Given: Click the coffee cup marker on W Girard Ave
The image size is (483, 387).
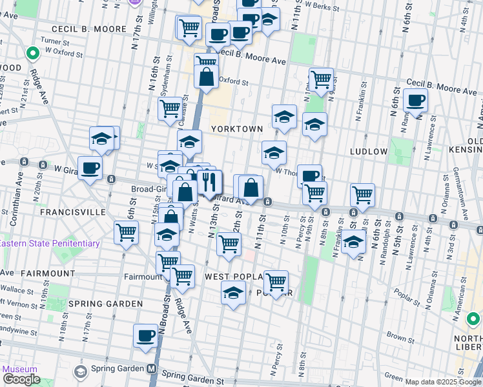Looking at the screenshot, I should pyautogui.click(x=90, y=167).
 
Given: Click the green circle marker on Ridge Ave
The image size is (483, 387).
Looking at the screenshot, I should pyautogui.click(x=32, y=54).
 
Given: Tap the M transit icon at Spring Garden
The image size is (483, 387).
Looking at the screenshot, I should pyautogui.click(x=151, y=369).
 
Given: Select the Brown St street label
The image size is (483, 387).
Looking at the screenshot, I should pyautogui.click(x=400, y=337).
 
